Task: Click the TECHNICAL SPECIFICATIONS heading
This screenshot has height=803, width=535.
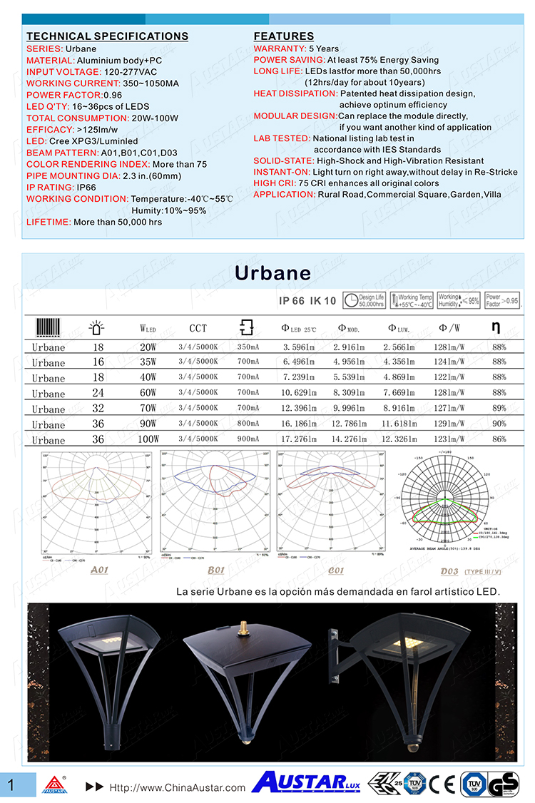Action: pyautogui.click(x=107, y=36)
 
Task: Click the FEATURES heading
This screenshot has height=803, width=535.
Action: pyautogui.click(x=283, y=36)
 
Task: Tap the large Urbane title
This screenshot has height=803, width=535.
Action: pyautogui.click(x=273, y=273)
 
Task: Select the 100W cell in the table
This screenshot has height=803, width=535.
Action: pyautogui.click(x=148, y=439)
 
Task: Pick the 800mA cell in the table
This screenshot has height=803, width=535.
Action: pyautogui.click(x=248, y=424)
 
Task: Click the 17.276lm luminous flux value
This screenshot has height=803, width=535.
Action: pyautogui.click(x=298, y=439)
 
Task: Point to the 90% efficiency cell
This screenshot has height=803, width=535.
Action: pyautogui.click(x=499, y=424)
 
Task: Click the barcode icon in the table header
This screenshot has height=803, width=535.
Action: pyautogui.click(x=49, y=328)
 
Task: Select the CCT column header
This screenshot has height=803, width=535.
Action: pyautogui.click(x=198, y=328)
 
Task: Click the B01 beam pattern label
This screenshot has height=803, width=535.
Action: pyautogui.click(x=215, y=571)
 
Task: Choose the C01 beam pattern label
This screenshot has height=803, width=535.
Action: pyautogui.click(x=335, y=571)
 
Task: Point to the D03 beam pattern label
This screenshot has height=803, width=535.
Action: pyautogui.click(x=449, y=571)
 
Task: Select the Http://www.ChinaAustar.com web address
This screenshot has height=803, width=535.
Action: pyautogui.click(x=176, y=788)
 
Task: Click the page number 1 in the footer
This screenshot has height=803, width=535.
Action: pyautogui.click(x=11, y=784)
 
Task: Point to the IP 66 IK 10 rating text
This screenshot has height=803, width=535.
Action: pyautogui.click(x=307, y=301)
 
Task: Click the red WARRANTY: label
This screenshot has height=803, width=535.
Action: pyautogui.click(x=280, y=48)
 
